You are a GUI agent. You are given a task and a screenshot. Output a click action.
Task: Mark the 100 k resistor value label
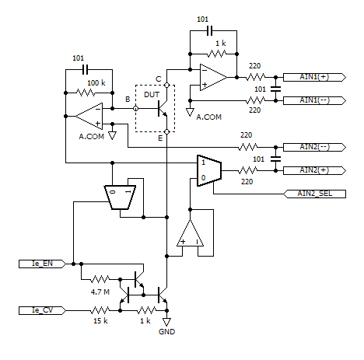tap(96, 82)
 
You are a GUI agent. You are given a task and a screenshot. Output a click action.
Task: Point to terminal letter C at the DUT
tap(159, 78)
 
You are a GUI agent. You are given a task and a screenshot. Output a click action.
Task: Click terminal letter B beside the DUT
tap(128, 99)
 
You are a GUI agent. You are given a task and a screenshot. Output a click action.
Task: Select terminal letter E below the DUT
tap(159, 138)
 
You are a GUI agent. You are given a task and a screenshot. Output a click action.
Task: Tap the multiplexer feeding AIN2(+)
tap(209, 170)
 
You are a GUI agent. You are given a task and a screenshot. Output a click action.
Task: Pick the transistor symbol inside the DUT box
tap(162, 110)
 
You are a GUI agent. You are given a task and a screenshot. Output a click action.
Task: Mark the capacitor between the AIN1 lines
tap(274, 89)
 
